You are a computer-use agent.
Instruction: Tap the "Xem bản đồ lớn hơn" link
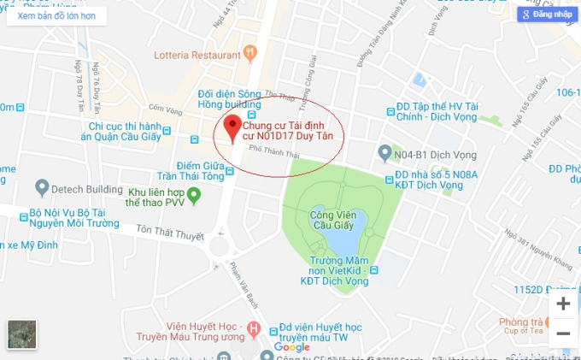pos(56,15)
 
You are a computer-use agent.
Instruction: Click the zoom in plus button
pos(563,304)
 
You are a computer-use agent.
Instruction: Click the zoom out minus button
pos(563,333)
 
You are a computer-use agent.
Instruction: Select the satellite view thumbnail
pos(22,334)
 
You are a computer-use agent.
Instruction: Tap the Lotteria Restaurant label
pos(197,56)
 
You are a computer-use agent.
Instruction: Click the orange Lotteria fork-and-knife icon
pos(249,55)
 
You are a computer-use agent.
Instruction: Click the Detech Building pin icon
pos(42,187)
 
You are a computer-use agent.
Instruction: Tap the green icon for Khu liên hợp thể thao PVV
pos(193,196)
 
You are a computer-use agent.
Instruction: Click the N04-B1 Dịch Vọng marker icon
pos(385,152)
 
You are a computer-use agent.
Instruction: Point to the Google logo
pos(292,347)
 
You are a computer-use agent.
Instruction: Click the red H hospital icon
pos(253,328)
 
